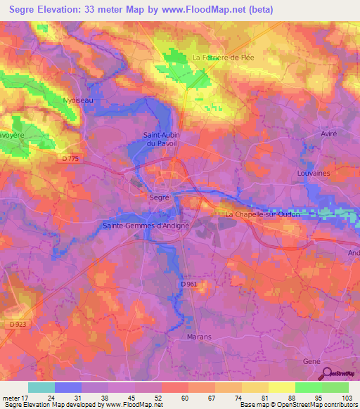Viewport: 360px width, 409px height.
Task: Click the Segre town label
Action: pos(159,198)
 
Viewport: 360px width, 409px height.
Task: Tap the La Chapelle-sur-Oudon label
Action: pos(262,214)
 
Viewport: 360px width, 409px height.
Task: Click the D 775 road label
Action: pos(71,159)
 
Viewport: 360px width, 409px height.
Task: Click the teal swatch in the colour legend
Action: pos(41,387)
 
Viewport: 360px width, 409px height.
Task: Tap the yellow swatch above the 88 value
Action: pos(282,387)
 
